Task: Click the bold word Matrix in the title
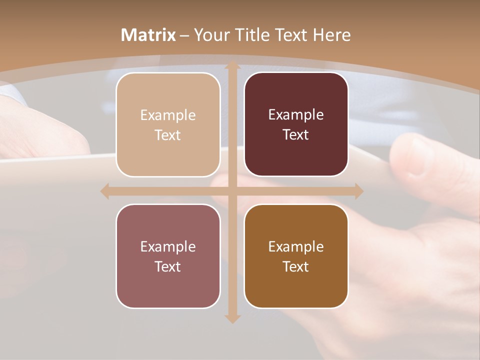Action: coord(148,35)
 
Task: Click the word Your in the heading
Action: coord(210,35)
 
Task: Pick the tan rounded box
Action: coord(168,124)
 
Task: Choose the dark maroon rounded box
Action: coord(296,124)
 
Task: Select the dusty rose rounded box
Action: coord(168,256)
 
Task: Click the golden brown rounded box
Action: coord(296,256)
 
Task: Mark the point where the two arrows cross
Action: coord(232,191)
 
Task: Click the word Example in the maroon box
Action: coord(296,114)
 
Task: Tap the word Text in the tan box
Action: coord(168,135)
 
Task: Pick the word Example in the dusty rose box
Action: coord(168,246)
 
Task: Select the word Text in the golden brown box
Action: coord(296,266)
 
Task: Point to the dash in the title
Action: coord(184,35)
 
